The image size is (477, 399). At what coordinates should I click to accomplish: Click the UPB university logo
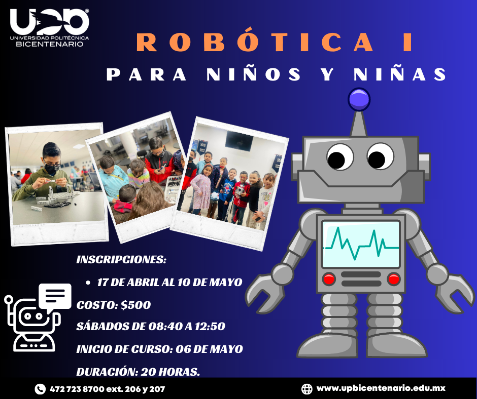49,28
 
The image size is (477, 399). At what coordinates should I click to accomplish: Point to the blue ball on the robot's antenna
359,100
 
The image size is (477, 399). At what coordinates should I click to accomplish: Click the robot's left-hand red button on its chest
329,279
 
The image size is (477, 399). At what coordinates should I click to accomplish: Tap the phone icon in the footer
40,389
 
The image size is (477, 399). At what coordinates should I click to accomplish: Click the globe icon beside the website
306,389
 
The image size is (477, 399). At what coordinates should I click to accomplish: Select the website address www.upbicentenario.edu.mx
381,388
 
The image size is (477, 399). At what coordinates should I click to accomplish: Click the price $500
135,305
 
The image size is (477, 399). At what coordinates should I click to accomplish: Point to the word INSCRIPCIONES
121,260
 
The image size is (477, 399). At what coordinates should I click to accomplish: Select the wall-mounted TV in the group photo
239,141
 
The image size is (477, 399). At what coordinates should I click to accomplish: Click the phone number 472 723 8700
77,389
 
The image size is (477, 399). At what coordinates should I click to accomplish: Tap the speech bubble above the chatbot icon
55,296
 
